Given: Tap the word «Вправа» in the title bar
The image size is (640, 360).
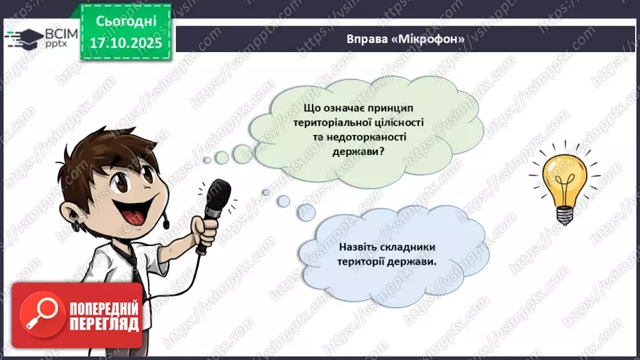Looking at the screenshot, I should click(x=368, y=39).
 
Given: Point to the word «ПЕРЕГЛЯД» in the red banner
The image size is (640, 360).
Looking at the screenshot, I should click(x=104, y=323).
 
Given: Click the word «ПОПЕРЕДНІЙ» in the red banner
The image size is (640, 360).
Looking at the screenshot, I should click(x=104, y=308).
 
